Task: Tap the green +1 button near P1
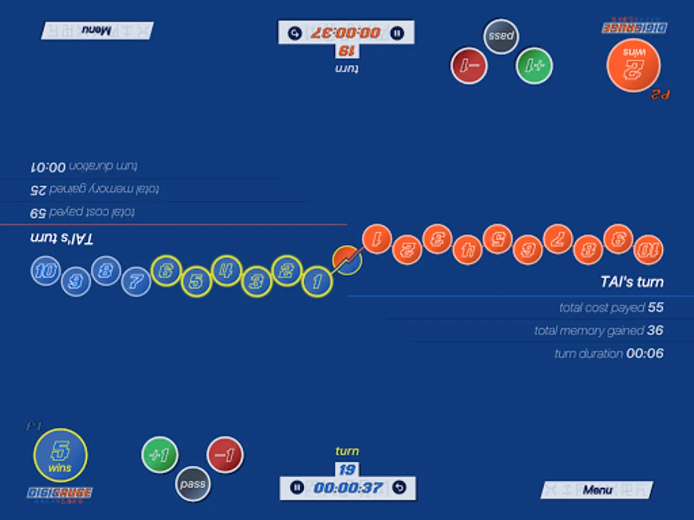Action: pos(160,455)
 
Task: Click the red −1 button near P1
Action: pos(225,455)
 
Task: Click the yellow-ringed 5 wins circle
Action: pos(60,455)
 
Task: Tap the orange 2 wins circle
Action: pos(633,64)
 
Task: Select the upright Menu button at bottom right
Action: pos(597,490)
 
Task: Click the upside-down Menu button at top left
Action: pos(97,31)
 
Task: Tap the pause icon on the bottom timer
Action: pos(297,488)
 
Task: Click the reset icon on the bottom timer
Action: pos(399,488)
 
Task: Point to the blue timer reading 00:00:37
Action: pos(348,488)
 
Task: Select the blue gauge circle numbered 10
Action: pos(46,271)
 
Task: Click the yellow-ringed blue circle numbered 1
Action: pos(318,281)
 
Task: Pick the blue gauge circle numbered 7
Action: pos(136,282)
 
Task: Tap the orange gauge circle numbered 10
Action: pos(648,250)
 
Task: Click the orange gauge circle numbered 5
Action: pos(497,239)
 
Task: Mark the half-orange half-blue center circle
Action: pos(347,260)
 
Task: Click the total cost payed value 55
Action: pos(655,307)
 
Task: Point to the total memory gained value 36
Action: pos(655,330)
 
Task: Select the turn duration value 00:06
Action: pos(645,354)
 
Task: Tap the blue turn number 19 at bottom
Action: pos(347,469)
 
